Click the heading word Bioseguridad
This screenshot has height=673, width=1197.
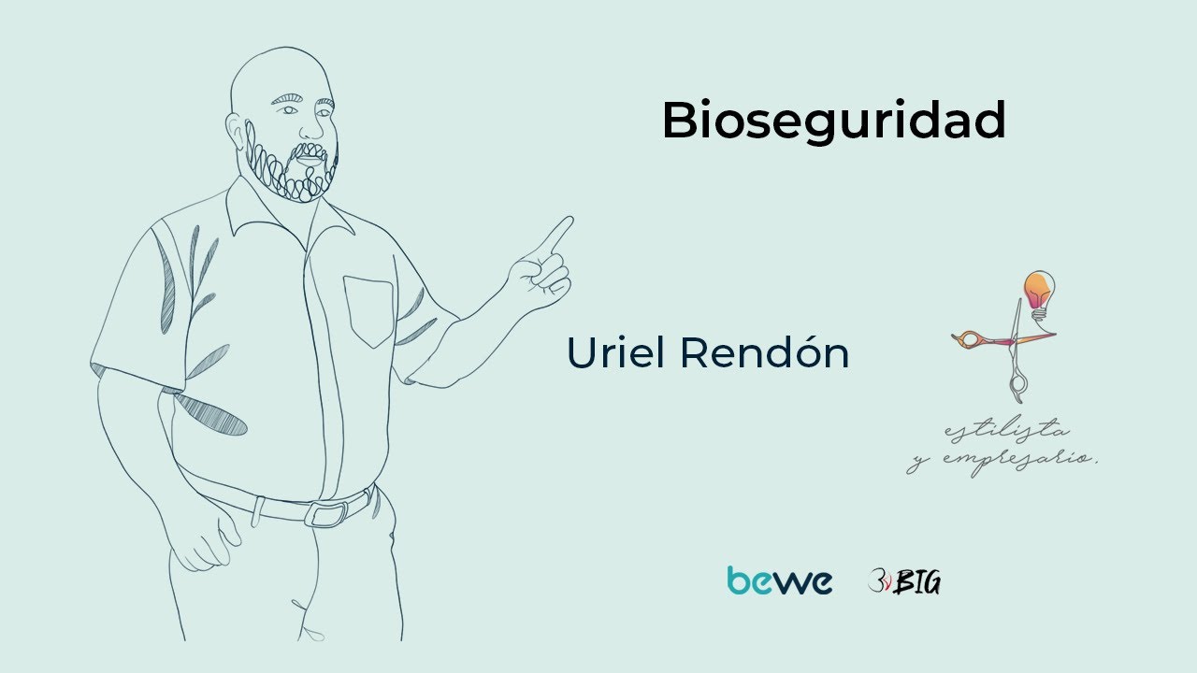click(833, 122)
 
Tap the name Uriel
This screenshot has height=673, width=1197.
click(617, 352)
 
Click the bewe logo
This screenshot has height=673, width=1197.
click(779, 580)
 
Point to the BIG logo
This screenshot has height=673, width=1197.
click(904, 581)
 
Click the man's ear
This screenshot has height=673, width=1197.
click(235, 130)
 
